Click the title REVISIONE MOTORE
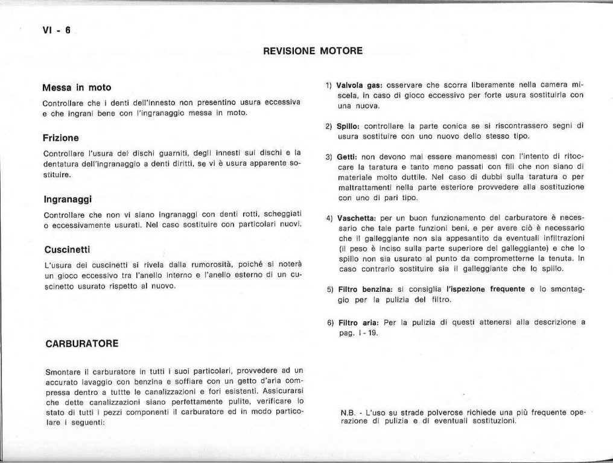pyautogui.click(x=313, y=51)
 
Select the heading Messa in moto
pyautogui.click(x=77, y=87)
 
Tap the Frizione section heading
pyautogui.click(x=62, y=137)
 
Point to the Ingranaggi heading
pyautogui.click(x=68, y=198)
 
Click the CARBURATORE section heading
pyautogui.click(x=81, y=344)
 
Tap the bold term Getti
pyautogui.click(x=348, y=157)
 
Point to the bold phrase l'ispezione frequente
pyautogui.click(x=486, y=289)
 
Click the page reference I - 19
pyautogui.click(x=367, y=333)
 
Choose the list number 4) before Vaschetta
pyautogui.click(x=329, y=217)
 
